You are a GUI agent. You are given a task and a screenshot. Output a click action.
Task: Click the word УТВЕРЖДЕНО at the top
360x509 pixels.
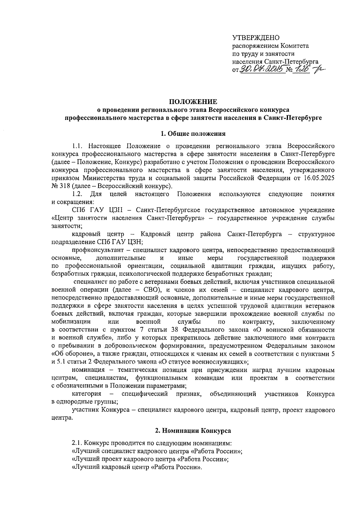[256, 38]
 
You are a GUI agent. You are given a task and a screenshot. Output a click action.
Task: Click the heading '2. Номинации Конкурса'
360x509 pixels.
[193, 431]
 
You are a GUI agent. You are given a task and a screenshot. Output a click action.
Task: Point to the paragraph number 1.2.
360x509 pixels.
[77, 194]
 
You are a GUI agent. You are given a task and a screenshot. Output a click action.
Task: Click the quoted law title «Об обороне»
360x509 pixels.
[67, 354]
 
